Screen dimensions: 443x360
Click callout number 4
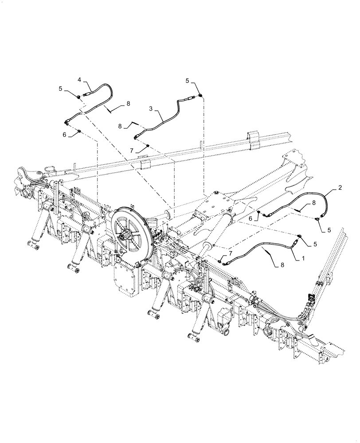pos(79,80)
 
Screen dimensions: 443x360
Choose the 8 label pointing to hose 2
pos(313,203)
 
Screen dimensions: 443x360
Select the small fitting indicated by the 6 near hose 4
pos(78,132)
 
